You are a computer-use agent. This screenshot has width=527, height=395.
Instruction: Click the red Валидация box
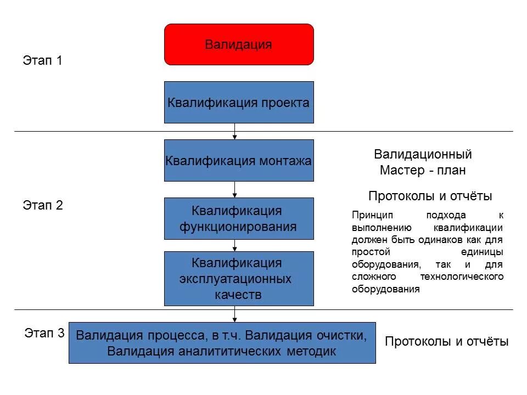(239, 44)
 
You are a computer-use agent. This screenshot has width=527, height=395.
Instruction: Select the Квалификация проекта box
(239, 103)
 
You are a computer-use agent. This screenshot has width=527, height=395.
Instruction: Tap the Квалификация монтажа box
(239, 161)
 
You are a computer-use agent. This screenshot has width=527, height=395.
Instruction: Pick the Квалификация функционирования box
(239, 218)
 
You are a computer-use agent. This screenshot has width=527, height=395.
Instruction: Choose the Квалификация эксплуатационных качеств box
(239, 279)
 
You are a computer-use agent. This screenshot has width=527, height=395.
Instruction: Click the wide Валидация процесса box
(222, 343)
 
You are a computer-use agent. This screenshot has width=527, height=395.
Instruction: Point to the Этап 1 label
(43, 60)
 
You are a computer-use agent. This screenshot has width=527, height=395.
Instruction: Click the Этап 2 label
(43, 205)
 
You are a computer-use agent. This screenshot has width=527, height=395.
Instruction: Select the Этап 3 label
(44, 332)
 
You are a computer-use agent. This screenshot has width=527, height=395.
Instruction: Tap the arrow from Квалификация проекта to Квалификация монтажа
(235, 132)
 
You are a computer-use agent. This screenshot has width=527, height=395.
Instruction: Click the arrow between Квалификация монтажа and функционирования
(235, 189)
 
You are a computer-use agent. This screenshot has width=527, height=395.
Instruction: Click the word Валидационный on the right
(423, 155)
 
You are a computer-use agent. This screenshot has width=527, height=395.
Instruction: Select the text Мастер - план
(423, 171)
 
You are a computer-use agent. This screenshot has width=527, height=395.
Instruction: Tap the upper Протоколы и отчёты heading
(430, 196)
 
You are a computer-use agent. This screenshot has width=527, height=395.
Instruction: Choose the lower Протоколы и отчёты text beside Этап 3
(447, 342)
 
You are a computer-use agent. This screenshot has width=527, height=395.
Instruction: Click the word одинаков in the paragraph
(446, 240)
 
